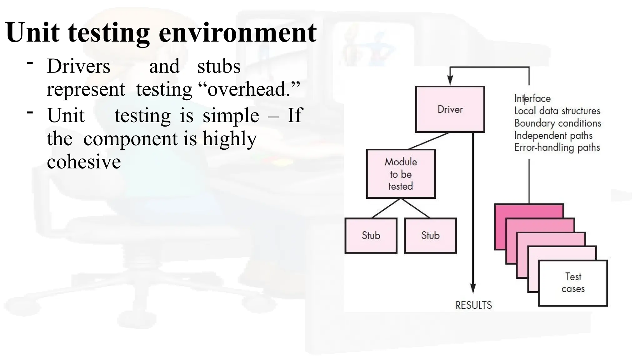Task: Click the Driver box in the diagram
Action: click(450, 109)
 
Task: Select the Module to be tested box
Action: click(401, 174)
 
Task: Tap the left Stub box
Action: click(371, 235)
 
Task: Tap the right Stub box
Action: click(430, 235)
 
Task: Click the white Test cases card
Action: click(573, 283)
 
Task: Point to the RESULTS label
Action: click(473, 305)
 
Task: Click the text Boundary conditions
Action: click(557, 123)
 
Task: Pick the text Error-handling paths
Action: click(557, 147)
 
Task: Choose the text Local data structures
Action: click(557, 111)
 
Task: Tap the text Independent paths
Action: click(553, 135)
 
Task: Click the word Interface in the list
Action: click(532, 98)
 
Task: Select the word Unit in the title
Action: click(32, 32)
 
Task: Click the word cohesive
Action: click(84, 162)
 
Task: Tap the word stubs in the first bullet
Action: click(219, 66)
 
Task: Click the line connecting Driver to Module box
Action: click(429, 141)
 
